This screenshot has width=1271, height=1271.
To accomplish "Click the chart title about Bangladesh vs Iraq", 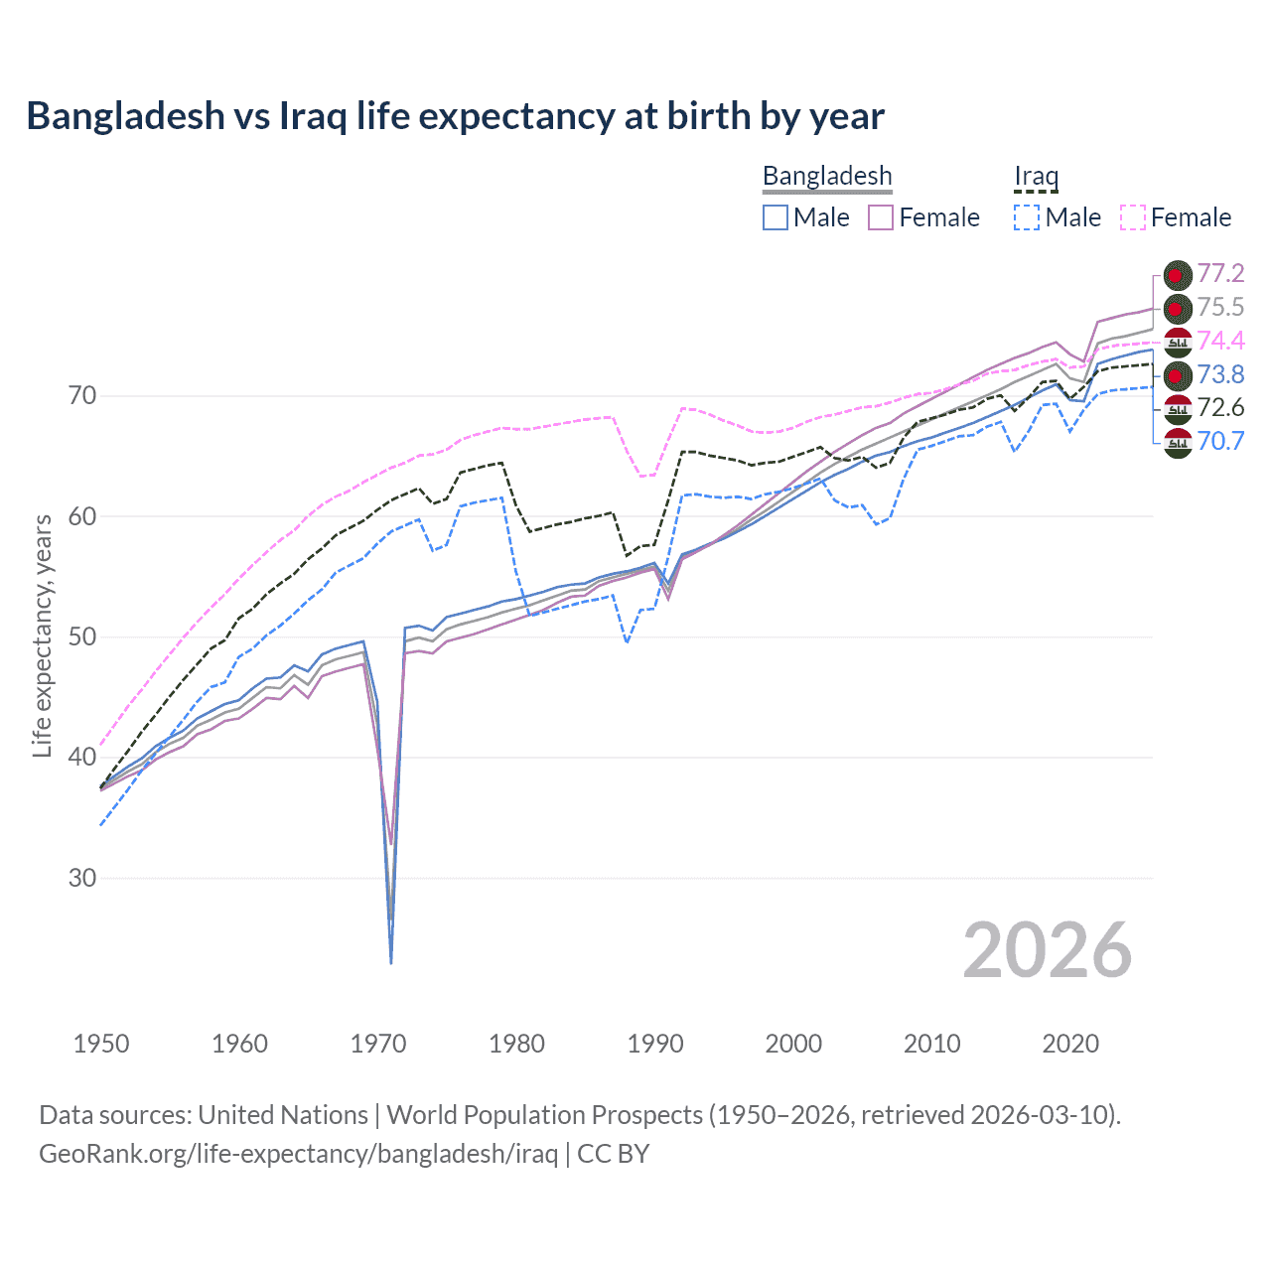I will [455, 116].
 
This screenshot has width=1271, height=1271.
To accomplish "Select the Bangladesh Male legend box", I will [776, 217].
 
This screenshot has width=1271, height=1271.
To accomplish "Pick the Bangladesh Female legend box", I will [881, 217].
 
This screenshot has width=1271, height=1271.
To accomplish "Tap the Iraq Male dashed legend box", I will [1027, 217].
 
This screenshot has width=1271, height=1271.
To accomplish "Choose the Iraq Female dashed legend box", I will [1133, 217].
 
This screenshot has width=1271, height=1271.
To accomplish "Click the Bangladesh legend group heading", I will [827, 176].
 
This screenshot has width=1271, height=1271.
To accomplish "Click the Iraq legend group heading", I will [1036, 176].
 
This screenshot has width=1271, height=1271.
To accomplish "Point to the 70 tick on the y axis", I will [82, 396].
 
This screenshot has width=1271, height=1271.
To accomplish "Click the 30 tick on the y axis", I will [82, 879].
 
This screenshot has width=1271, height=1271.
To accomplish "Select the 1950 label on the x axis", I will [101, 1044].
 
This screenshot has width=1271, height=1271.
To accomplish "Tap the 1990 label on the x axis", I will [655, 1044].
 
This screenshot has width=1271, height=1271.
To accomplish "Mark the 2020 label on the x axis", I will [1070, 1044].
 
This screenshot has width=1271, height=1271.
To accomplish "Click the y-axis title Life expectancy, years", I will [42, 635].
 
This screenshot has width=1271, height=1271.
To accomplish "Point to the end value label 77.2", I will [1220, 274].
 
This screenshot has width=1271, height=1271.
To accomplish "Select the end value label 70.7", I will [1220, 441].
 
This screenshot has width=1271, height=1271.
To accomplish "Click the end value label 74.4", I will [1220, 341].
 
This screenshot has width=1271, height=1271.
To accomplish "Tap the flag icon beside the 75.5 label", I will [1178, 308].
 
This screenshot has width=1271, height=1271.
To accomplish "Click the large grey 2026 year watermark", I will [1048, 950].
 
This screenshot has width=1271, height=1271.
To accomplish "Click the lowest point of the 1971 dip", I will [391, 962].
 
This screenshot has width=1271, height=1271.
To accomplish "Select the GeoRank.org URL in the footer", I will [298, 1154].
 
